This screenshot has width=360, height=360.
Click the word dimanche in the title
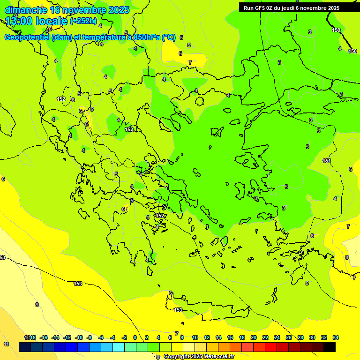25,10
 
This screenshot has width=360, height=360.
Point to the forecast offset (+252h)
83,21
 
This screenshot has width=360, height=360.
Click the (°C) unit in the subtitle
169,37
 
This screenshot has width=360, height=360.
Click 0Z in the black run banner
270,8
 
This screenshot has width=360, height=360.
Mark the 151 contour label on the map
327,161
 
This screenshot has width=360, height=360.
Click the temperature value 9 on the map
37,305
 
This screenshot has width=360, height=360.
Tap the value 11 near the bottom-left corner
6,344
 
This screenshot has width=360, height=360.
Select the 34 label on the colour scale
336,337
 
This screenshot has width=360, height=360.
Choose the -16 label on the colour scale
44,337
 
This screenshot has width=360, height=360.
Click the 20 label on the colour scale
254,337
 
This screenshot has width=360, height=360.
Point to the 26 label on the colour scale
289,337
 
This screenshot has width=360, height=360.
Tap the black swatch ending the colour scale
330,347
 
